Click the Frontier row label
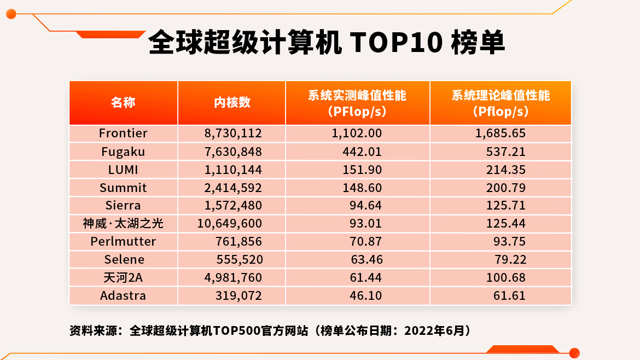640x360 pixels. click(x=123, y=133)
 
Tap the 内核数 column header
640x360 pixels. click(x=232, y=102)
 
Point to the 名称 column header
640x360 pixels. click(x=123, y=102)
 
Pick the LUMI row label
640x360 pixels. click(x=123, y=170)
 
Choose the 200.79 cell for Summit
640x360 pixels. click(x=506, y=188)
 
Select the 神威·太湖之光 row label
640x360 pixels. click(x=123, y=223)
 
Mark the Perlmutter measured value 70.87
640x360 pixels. click(x=366, y=241)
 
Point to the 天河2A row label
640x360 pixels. click(x=123, y=277)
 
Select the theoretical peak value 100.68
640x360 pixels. click(x=506, y=277)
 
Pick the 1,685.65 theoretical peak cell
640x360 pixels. click(x=500, y=133)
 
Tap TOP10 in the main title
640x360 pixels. click(x=395, y=43)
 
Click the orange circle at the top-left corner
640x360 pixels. click(x=10, y=14)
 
